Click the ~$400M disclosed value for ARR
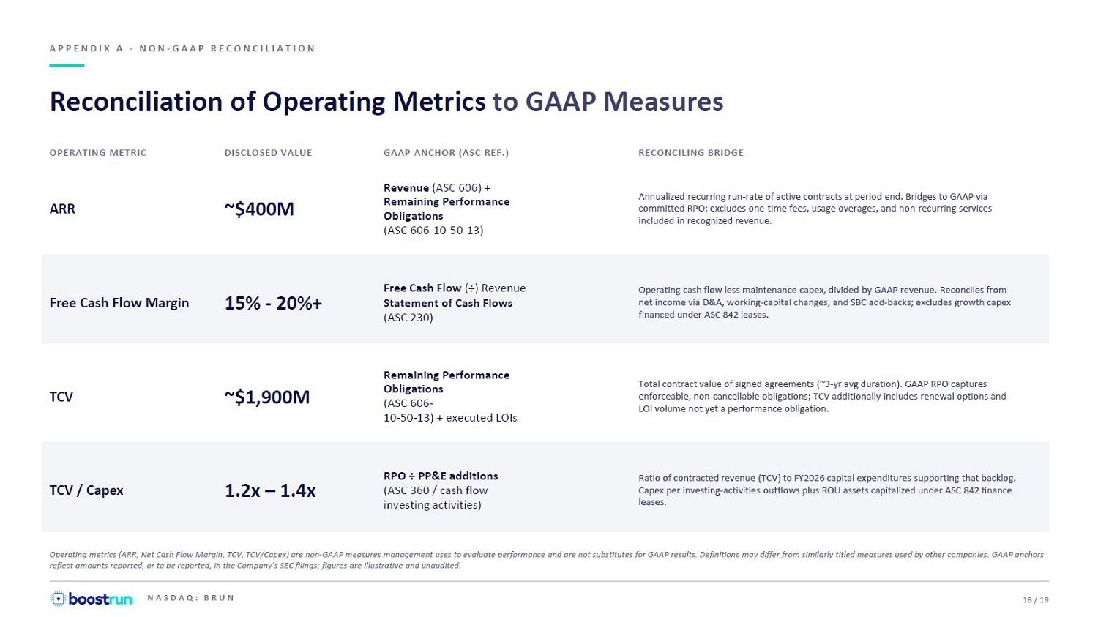point(259,209)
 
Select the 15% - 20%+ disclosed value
point(273,303)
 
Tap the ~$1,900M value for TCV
point(266,397)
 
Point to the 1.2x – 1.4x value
point(270,490)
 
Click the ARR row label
point(62,209)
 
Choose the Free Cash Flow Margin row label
point(119,303)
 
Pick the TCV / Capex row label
point(86,490)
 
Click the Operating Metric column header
point(97,153)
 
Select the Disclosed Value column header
point(268,153)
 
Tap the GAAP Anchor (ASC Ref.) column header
point(446,153)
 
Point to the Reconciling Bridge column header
point(691,153)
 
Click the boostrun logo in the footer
point(91,599)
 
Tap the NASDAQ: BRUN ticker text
point(190,598)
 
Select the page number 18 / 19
point(1036,600)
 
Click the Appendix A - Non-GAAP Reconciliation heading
point(182,48)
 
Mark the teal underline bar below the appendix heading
point(67,64)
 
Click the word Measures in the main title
point(663,102)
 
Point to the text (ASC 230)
point(408,318)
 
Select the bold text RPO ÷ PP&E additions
point(441,476)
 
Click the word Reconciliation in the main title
point(136,102)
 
